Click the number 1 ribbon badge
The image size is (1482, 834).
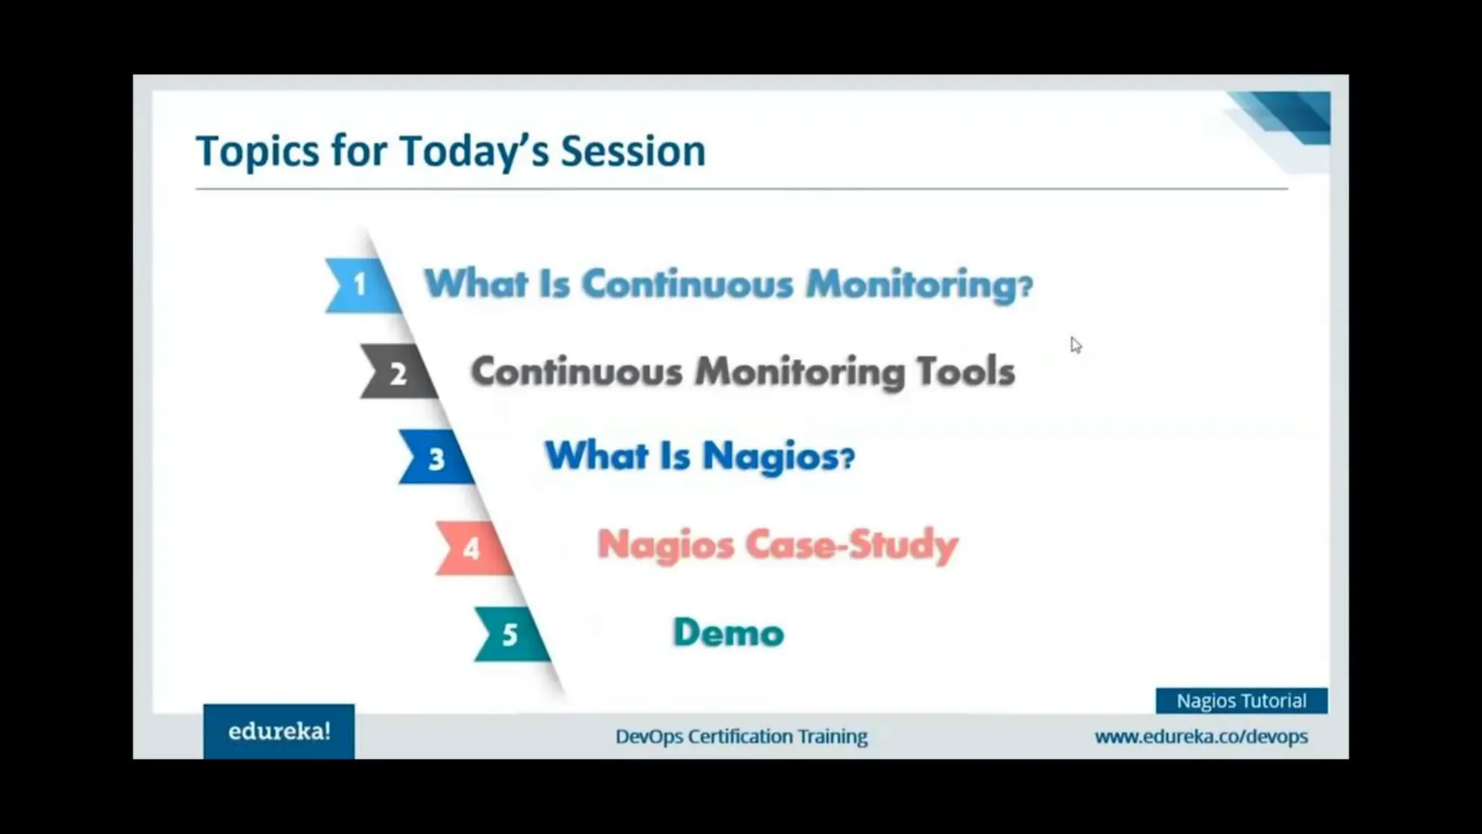(360, 285)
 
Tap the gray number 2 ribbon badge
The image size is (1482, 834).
(397, 373)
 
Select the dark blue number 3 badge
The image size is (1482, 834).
(436, 458)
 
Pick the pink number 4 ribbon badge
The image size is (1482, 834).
(472, 548)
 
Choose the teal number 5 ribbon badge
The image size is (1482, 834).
(510, 634)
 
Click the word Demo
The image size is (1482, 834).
(728, 633)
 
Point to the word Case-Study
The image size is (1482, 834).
(851, 544)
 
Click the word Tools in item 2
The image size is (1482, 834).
(965, 371)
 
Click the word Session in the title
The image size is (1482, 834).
(632, 151)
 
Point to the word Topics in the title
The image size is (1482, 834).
(257, 151)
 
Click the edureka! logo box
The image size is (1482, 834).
(279, 731)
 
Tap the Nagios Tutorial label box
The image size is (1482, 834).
(1241, 701)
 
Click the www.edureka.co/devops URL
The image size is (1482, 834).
(1201, 736)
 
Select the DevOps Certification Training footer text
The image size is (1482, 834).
(741, 736)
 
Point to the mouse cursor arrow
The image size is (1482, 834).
(1075, 345)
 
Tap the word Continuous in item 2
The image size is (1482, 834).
(577, 371)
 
